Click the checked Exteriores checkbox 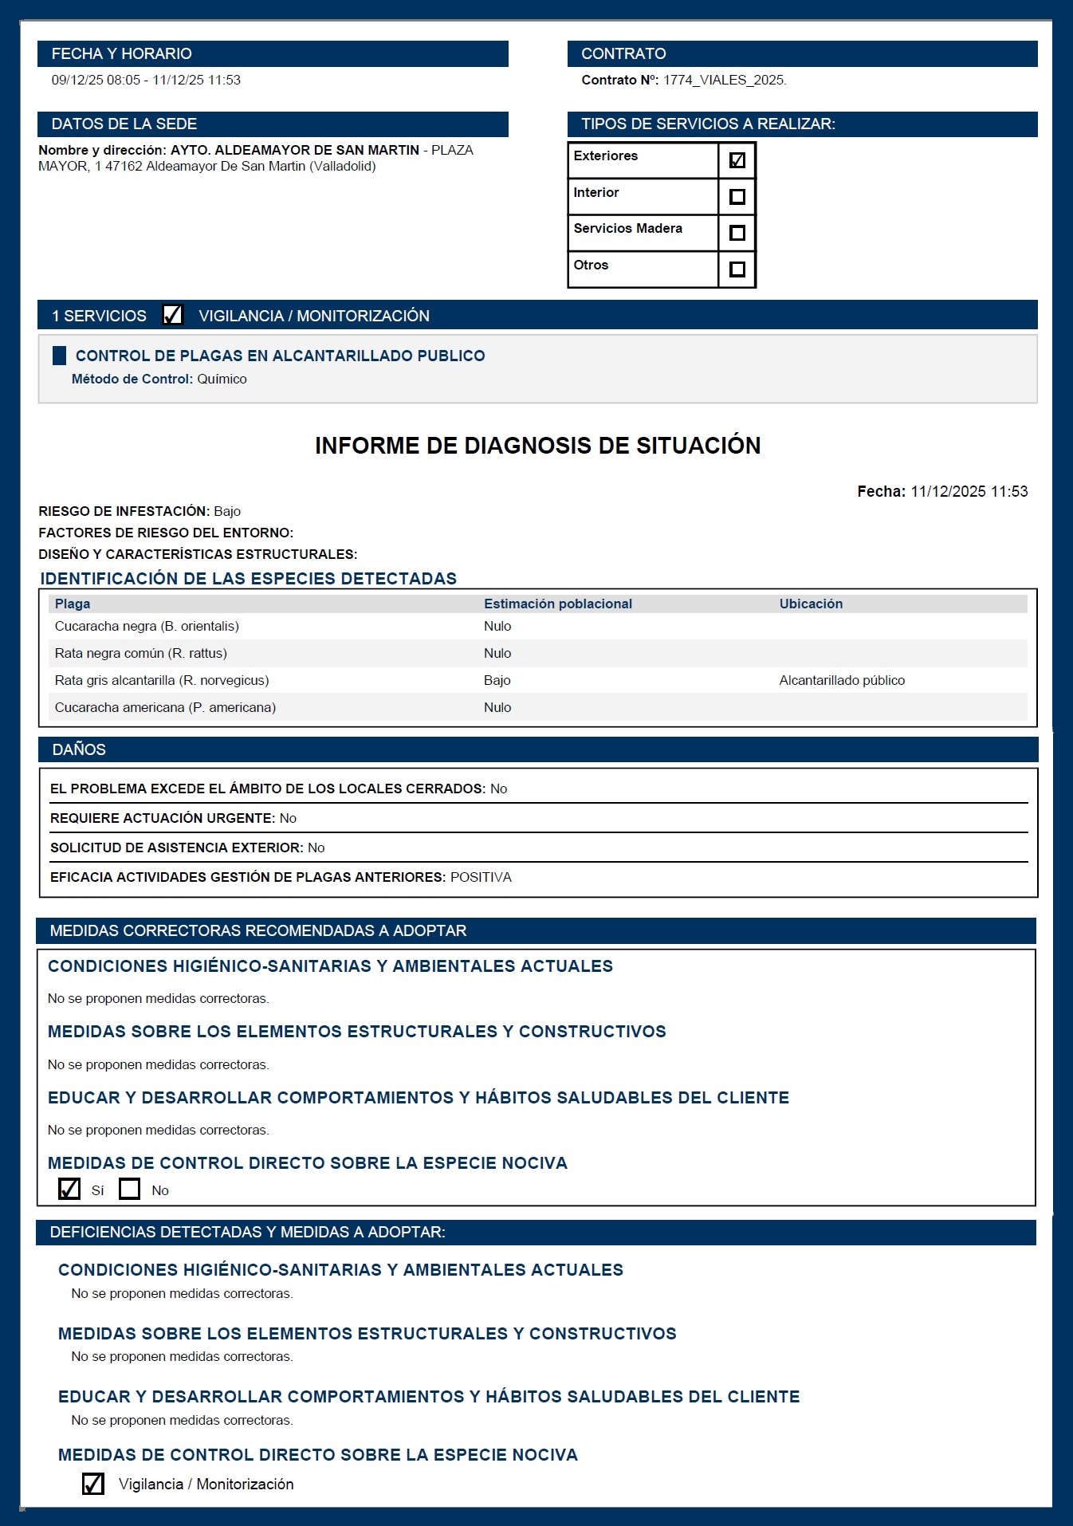pos(737,160)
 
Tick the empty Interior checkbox pos(737,196)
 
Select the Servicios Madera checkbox pos(737,233)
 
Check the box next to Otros pos(737,269)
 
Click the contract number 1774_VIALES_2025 pos(725,80)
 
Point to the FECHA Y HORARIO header pos(121,53)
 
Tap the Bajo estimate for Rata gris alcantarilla pos(497,680)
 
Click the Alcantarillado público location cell pos(842,680)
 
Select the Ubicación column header pos(811,604)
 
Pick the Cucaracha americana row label pos(165,707)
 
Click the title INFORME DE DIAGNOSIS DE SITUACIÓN pos(537,445)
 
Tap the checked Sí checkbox pos(69,1189)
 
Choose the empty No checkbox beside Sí pos(129,1189)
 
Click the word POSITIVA pos(481,877)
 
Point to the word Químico pos(222,379)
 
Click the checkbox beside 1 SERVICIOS pos(172,315)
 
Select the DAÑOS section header pos(79,749)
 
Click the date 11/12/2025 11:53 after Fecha pos(969,491)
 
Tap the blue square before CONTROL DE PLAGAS pos(59,356)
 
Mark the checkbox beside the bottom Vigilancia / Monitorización pos(93,1483)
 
